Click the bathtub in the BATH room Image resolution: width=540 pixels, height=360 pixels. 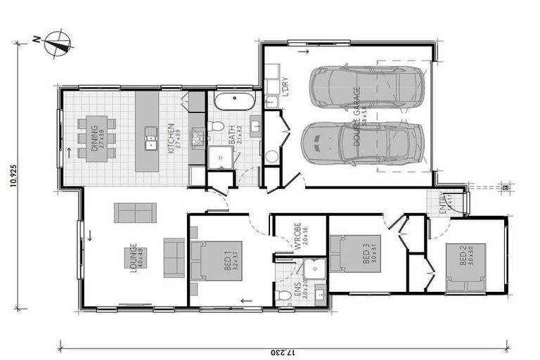click(234, 101)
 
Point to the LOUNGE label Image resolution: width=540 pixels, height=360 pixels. click(133, 258)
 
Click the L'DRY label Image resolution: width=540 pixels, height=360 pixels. click(285, 88)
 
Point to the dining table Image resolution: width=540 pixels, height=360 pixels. click(98, 138)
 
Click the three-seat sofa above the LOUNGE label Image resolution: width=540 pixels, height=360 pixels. click(135, 212)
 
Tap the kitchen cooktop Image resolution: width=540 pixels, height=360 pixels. click(197, 136)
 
